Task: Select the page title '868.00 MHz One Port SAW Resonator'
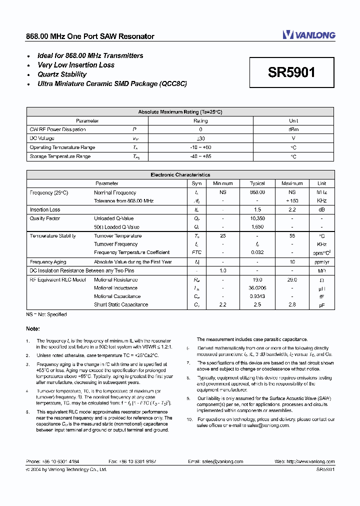click(90, 36)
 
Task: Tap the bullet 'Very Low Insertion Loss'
click(76, 65)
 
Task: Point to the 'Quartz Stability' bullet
click(62, 74)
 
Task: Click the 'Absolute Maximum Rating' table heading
click(180, 112)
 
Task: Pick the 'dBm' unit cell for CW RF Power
click(293, 129)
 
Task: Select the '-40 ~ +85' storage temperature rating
click(200, 156)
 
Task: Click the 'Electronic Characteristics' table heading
click(180, 175)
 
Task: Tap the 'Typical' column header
click(257, 183)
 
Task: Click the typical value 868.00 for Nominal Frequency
click(257, 192)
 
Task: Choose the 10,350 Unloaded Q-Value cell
click(257, 218)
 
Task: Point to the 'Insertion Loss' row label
click(45, 210)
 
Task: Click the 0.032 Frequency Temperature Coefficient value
click(257, 252)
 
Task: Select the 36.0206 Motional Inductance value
click(257, 288)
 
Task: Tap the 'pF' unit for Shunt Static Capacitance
click(321, 304)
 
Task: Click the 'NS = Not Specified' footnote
click(46, 314)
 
